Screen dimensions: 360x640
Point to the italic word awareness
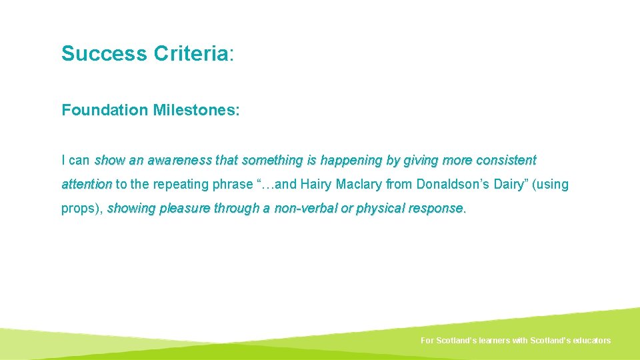pos(178,161)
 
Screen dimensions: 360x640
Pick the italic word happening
pos(351,161)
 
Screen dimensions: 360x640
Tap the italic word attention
pos(87,185)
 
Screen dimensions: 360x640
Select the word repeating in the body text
pos(178,185)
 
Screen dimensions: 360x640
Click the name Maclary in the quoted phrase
pos(359,185)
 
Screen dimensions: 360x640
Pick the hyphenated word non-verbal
pos(304,209)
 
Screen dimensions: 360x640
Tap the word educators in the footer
pos(589,341)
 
